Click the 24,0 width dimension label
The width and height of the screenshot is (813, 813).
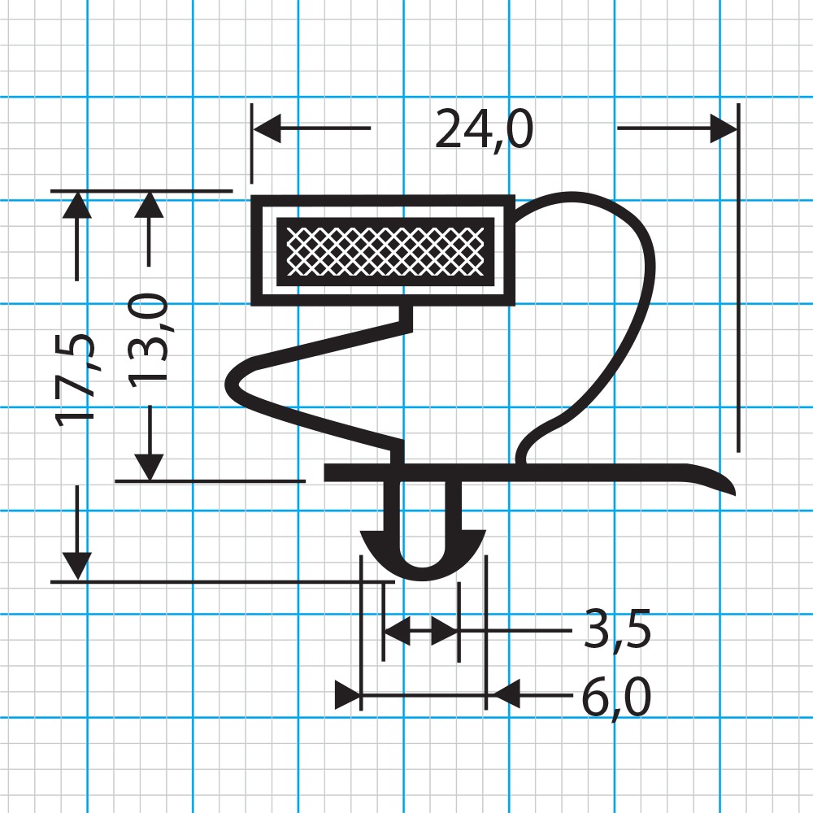tap(485, 129)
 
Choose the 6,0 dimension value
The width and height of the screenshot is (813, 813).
tap(616, 698)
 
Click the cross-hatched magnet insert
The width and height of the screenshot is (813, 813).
tap(385, 252)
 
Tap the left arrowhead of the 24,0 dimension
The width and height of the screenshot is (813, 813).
tap(267, 128)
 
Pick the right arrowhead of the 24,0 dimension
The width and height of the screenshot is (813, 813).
tap(724, 128)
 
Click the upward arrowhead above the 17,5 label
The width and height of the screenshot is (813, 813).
tap(77, 205)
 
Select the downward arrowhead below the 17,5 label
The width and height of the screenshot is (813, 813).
tap(77, 567)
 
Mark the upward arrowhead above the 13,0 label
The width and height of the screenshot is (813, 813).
tap(149, 205)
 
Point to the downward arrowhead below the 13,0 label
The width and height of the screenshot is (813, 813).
tap(149, 467)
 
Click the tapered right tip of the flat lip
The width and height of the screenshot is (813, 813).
tap(733, 492)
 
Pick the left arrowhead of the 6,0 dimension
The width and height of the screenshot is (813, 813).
tap(348, 695)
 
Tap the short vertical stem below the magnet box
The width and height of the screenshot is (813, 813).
tap(406, 317)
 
